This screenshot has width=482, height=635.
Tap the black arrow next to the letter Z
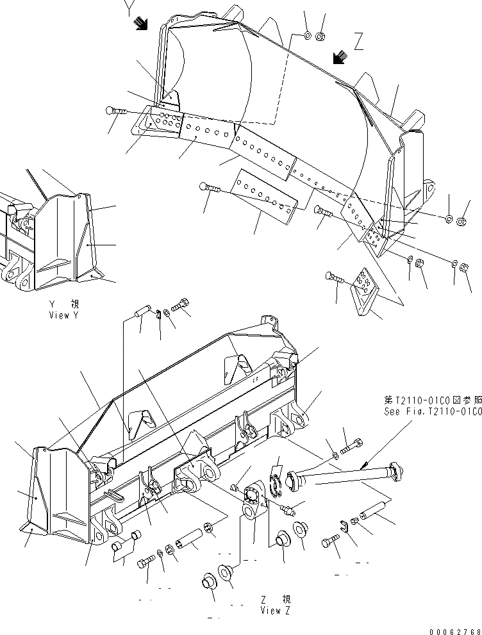coord(340,58)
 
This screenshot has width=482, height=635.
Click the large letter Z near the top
coord(359,43)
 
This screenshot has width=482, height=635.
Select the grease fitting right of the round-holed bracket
coord(288,508)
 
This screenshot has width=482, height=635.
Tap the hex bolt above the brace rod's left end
coord(351,445)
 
